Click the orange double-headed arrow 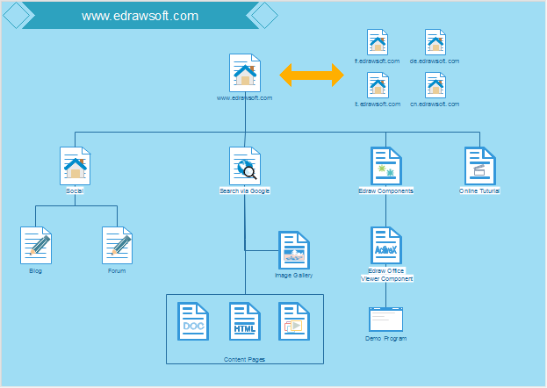(x=312, y=75)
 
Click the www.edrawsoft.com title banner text (x=140, y=16)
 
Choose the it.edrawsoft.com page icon (x=378, y=84)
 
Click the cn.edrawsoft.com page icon (x=435, y=84)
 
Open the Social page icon (x=75, y=165)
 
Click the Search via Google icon (x=245, y=165)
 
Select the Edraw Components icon (x=385, y=165)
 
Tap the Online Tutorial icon (x=480, y=165)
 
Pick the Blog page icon (x=35, y=246)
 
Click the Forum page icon (x=117, y=246)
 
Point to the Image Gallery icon (x=294, y=250)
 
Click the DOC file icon (x=193, y=321)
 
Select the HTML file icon (x=245, y=321)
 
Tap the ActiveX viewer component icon (x=386, y=246)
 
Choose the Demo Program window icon (x=385, y=320)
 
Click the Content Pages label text (x=245, y=359)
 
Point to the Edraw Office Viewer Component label (x=386, y=275)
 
